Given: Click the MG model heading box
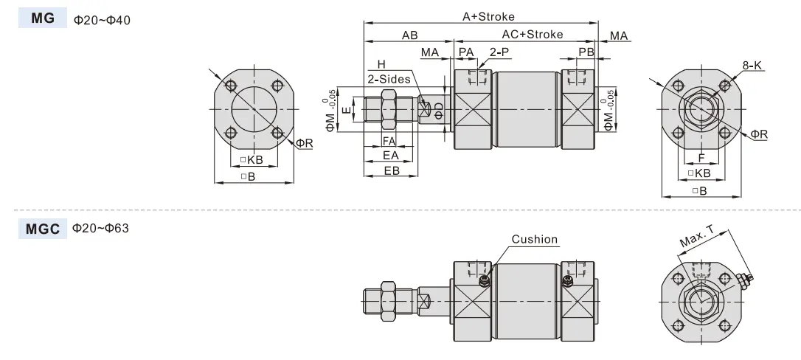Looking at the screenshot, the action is click(43, 18).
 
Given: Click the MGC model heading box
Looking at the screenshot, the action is click(43, 229).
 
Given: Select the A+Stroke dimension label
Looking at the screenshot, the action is click(488, 16).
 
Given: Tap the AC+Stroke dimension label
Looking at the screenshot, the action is click(533, 34).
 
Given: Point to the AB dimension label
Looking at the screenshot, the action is click(409, 35).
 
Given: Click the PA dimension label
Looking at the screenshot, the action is click(466, 52).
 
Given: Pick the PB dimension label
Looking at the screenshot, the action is click(586, 52).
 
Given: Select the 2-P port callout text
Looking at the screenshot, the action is click(499, 52).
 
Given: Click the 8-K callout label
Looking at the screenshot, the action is click(752, 66).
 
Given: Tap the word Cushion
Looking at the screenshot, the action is click(535, 239).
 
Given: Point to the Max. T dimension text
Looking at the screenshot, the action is click(697, 236).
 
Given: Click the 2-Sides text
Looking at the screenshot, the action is click(389, 79).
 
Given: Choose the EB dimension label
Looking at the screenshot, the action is click(392, 170).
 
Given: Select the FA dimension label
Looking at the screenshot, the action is click(389, 141).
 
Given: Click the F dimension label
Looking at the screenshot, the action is click(701, 159).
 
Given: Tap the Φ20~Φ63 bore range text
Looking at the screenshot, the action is click(100, 228).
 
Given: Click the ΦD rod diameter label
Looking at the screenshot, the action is click(439, 111).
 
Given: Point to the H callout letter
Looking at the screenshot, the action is click(381, 64).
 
